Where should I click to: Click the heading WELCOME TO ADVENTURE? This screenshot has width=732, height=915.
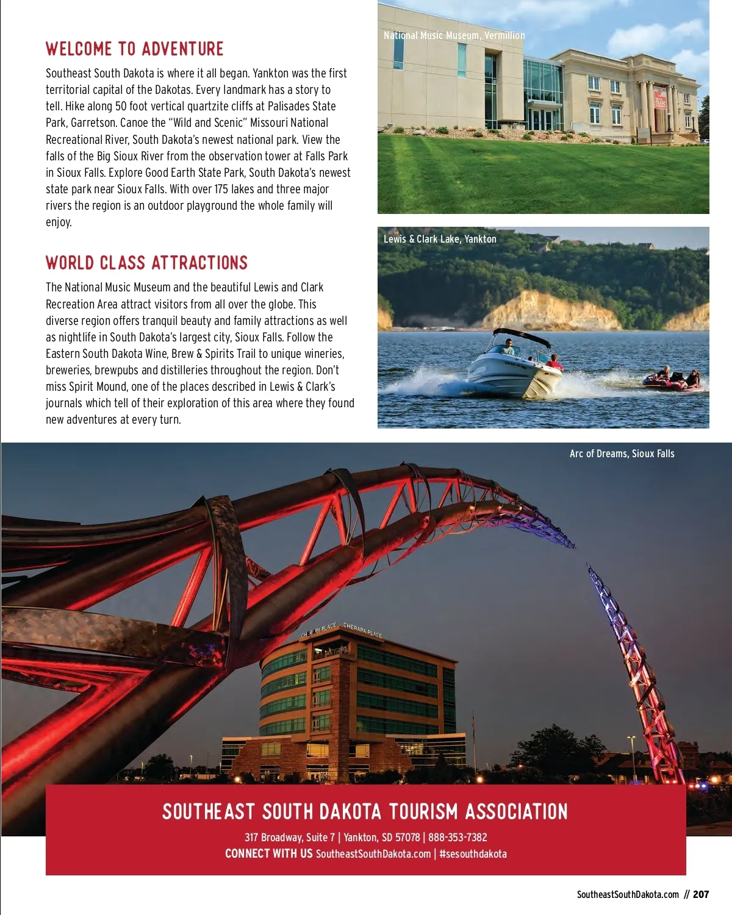[x=135, y=49]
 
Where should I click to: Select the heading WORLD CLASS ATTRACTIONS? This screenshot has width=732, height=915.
[x=147, y=263]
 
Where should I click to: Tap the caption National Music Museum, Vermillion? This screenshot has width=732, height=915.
[x=454, y=35]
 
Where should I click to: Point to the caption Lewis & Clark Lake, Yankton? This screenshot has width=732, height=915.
[x=440, y=239]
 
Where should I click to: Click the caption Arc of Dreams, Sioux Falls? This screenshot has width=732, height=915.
[x=622, y=454]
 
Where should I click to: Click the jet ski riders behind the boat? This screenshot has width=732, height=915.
[x=672, y=379]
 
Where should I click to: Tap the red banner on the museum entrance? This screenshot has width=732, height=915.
[x=660, y=99]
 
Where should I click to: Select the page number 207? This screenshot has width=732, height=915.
[x=701, y=894]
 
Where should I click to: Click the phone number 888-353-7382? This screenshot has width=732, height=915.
[x=457, y=838]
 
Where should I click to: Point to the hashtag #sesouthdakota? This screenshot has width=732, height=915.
[x=473, y=854]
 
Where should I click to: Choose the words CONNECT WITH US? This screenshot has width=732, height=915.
[x=268, y=854]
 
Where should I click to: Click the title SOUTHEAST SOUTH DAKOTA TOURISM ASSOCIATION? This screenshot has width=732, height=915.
[x=365, y=811]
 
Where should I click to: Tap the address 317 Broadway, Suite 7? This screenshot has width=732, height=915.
[x=290, y=838]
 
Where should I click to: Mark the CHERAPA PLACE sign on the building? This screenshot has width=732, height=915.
[x=362, y=630]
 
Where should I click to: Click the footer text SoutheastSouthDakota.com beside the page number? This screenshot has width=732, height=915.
[x=628, y=894]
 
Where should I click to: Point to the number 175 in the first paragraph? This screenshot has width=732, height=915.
[x=221, y=189]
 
